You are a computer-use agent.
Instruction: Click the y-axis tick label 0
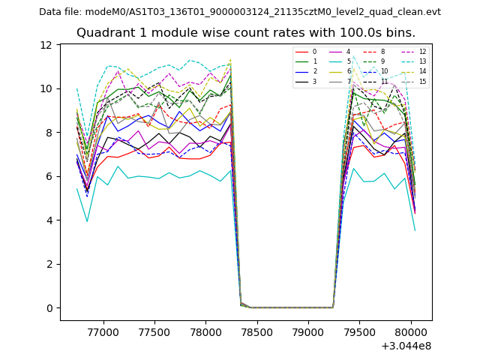(49, 308)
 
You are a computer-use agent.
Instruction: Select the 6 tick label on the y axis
(49, 176)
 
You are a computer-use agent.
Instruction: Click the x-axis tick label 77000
(103, 330)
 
